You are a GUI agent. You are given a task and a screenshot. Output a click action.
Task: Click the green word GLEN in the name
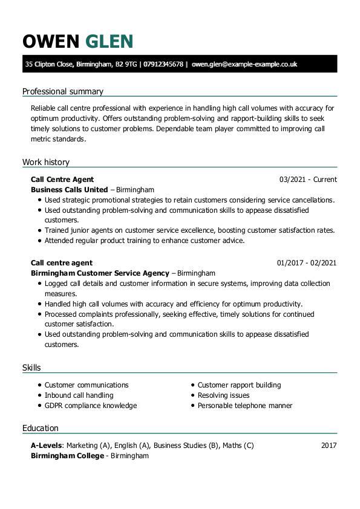tap(109, 41)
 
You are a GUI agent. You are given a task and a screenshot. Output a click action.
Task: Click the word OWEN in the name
tap(51, 41)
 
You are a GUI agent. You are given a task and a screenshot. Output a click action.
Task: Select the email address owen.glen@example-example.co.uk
tap(244, 64)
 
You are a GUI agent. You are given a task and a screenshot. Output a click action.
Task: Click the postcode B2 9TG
tap(126, 64)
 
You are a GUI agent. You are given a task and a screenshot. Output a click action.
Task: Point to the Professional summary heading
tap(63, 91)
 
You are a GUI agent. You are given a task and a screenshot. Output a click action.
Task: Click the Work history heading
tap(46, 162)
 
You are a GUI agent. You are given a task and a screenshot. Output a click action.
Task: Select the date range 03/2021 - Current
tap(308, 180)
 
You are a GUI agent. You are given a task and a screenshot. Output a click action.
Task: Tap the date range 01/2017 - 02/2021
tap(307, 263)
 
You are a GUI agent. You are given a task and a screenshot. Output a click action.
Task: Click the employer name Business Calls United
tap(69, 189)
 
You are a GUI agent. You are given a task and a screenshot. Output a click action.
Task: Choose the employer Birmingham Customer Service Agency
tap(100, 273)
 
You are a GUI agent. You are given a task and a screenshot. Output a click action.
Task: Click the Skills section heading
tap(31, 368)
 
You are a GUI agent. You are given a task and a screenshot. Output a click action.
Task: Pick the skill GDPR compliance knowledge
tap(91, 406)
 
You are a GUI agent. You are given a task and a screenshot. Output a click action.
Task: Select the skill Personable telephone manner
tap(245, 406)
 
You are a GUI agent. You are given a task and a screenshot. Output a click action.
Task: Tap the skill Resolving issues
tap(223, 395)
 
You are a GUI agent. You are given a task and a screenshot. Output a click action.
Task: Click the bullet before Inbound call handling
tap(39, 395)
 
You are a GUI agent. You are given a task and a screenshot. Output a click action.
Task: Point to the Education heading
tap(41, 428)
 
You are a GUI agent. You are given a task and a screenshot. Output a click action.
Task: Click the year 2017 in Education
tap(329, 446)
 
